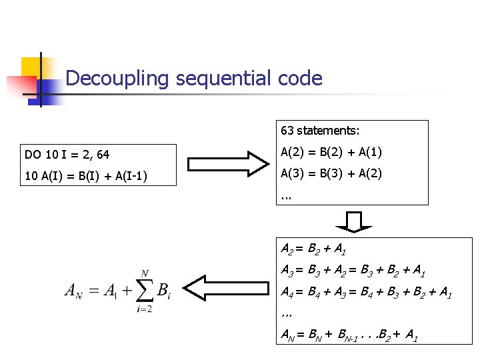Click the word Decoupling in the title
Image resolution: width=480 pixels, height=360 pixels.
[x=118, y=79]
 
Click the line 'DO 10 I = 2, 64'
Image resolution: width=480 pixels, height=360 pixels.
[x=67, y=155]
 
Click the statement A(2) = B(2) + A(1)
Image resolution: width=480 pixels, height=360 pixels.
[x=331, y=153]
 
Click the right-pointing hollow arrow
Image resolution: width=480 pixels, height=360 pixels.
[x=227, y=164]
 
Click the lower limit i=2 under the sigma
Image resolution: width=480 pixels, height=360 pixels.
[x=143, y=309]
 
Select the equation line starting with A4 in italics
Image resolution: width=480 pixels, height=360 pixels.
[x=365, y=293]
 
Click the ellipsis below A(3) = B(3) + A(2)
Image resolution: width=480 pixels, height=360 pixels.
[x=287, y=197]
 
